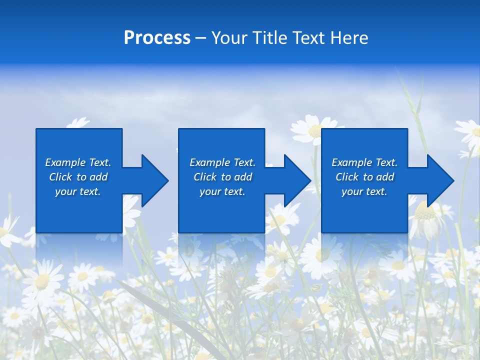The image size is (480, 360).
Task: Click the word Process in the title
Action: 157,38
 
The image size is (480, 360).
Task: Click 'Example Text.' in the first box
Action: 78,162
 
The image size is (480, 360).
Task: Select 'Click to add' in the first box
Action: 78,177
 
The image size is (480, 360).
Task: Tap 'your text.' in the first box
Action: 78,191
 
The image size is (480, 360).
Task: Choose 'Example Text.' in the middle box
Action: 222,162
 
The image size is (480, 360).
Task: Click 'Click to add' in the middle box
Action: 222,177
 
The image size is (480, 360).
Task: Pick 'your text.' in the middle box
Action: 222,191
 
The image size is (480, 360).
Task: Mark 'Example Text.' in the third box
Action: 364,162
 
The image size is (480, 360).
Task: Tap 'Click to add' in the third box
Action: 364,177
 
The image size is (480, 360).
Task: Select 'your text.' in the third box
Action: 364,191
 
